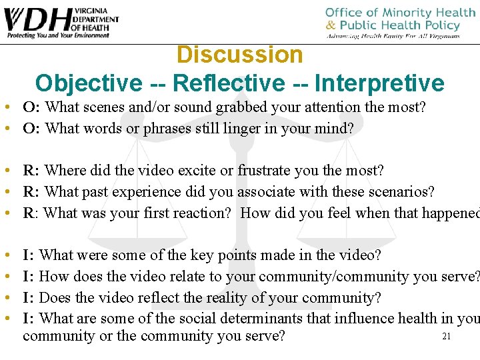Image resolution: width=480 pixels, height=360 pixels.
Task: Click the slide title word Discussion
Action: (x=240, y=55)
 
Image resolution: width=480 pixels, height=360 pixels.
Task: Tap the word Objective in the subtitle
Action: (x=88, y=83)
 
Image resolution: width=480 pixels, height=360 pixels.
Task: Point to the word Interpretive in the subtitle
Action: (x=379, y=83)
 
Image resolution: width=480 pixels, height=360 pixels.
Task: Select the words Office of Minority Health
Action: (x=400, y=13)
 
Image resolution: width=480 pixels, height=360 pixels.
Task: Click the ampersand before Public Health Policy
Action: (x=331, y=25)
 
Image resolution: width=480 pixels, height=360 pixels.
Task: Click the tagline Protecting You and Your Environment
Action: (x=56, y=35)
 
